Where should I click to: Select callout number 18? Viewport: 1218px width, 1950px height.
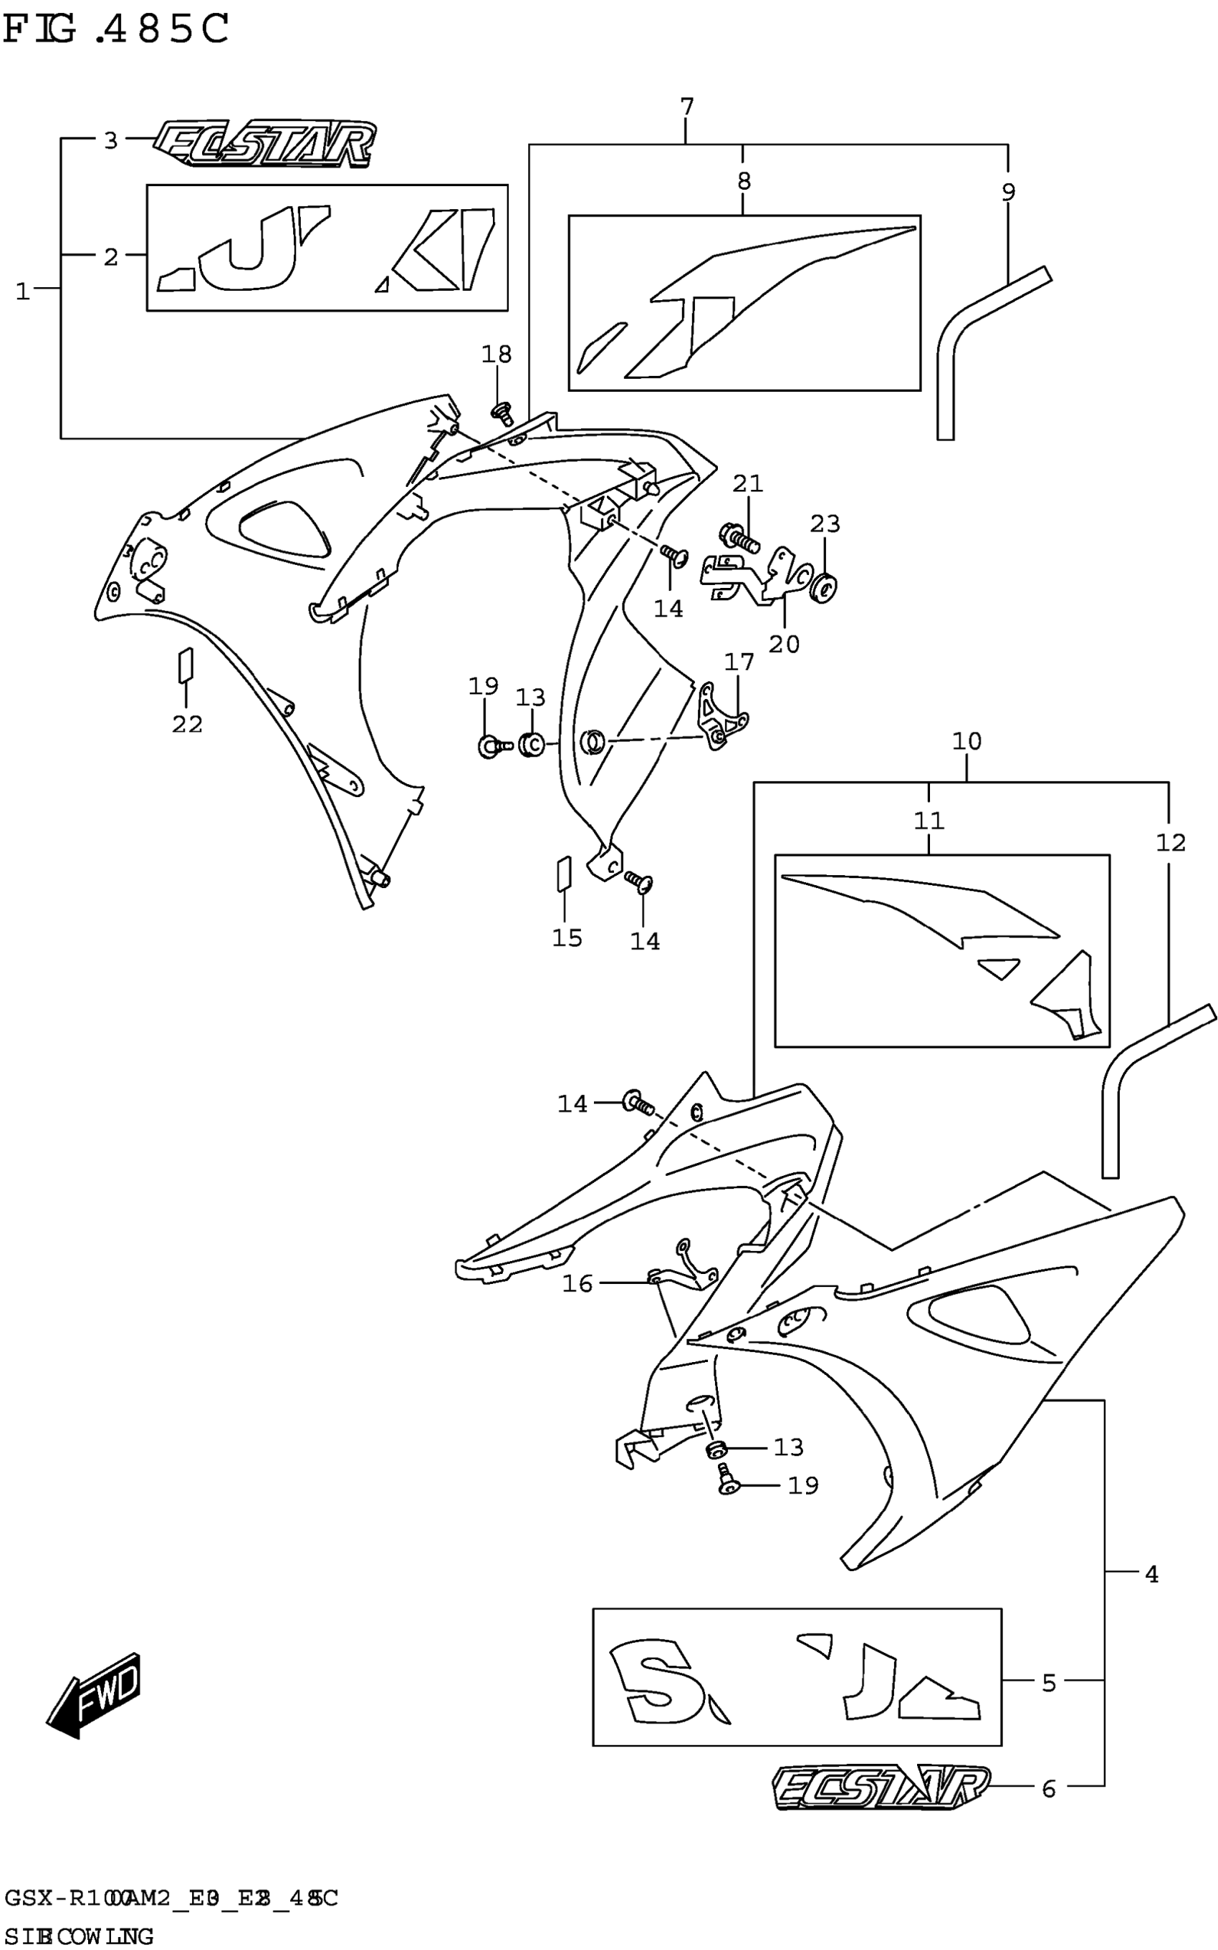(x=497, y=354)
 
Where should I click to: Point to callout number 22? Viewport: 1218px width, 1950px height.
(x=187, y=724)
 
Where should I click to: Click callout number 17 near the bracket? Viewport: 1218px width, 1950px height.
(x=739, y=662)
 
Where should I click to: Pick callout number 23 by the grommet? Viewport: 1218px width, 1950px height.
(x=825, y=524)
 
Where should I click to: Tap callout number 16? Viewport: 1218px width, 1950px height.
(x=577, y=1283)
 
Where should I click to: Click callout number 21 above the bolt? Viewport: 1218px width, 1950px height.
(x=747, y=484)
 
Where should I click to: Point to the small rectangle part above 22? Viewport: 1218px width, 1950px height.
(x=186, y=665)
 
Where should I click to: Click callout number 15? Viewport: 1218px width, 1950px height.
(x=567, y=938)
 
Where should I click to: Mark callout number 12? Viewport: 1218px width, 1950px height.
(x=1171, y=843)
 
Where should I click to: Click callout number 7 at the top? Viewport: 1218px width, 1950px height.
(x=686, y=107)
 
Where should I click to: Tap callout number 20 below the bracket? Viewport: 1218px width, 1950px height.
(x=784, y=644)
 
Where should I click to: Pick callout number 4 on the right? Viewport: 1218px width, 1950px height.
(x=1151, y=1574)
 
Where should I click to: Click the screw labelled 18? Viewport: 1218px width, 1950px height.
(x=501, y=413)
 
